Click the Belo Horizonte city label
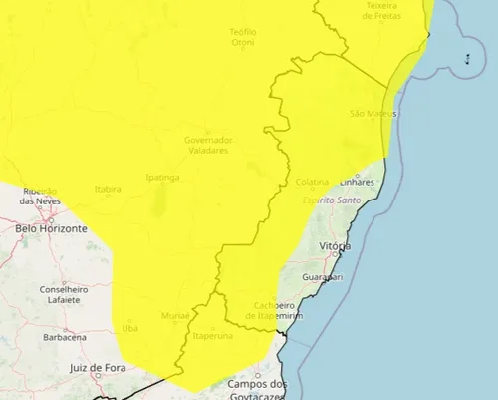coord(51,228)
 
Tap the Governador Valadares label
coord(207,145)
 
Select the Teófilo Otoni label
coord(243,37)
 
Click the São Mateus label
coord(373,114)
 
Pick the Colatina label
coord(312,183)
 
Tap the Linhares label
coord(356,183)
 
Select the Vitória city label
coord(334,245)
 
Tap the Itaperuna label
coord(212,336)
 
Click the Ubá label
coord(129,327)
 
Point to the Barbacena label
coord(65,337)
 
